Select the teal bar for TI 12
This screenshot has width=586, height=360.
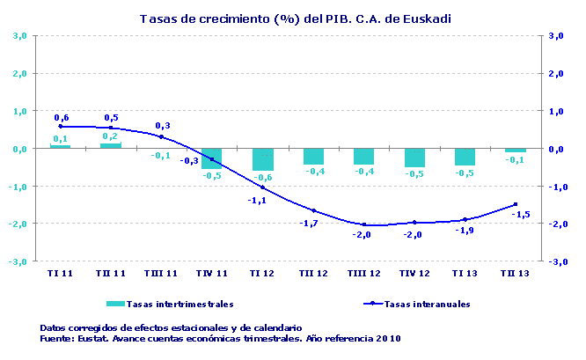pos(262,159)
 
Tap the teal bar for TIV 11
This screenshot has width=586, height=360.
pos(212,158)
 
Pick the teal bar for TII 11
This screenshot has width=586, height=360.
pos(111,145)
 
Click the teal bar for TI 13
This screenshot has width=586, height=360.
pos(465,157)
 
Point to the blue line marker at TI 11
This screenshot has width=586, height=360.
pos(60,126)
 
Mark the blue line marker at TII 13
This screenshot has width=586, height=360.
pos(515,204)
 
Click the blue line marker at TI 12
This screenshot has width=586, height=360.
pos(262,187)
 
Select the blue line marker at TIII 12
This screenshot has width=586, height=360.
pos(363,224)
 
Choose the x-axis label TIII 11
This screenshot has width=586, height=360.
pos(161,274)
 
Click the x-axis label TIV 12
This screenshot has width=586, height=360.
pos(414,274)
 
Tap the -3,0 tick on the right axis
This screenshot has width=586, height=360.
pos(555,261)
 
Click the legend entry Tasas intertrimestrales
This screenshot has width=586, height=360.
pos(180,305)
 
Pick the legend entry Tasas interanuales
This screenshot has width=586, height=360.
pos(428,305)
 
